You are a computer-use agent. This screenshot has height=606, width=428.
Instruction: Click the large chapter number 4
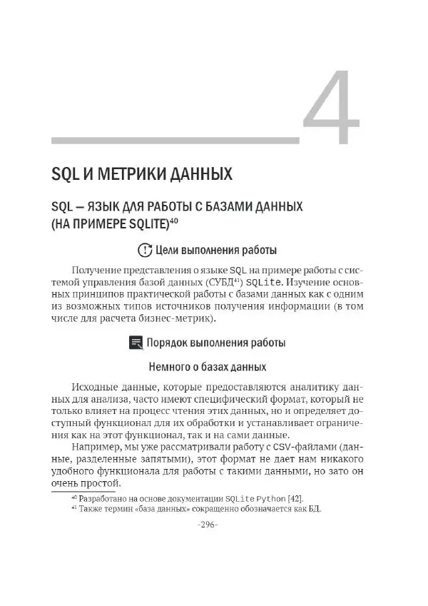[x=330, y=108]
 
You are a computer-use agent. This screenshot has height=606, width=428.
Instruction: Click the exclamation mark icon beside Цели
[x=144, y=251]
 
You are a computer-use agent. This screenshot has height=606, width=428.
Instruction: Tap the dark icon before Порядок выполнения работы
[x=136, y=343]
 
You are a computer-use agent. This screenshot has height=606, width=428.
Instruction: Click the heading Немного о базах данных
[x=207, y=367]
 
